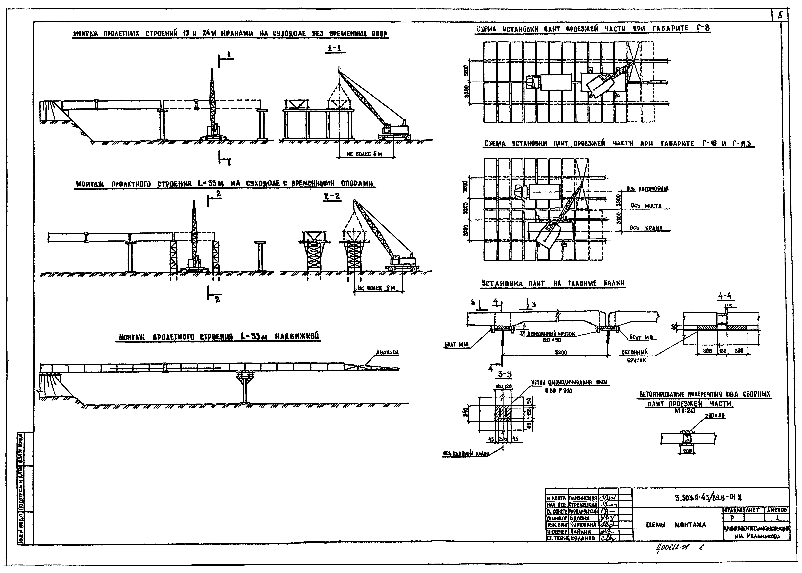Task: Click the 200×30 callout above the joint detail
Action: tap(715, 416)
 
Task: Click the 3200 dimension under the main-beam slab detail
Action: tap(560, 352)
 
